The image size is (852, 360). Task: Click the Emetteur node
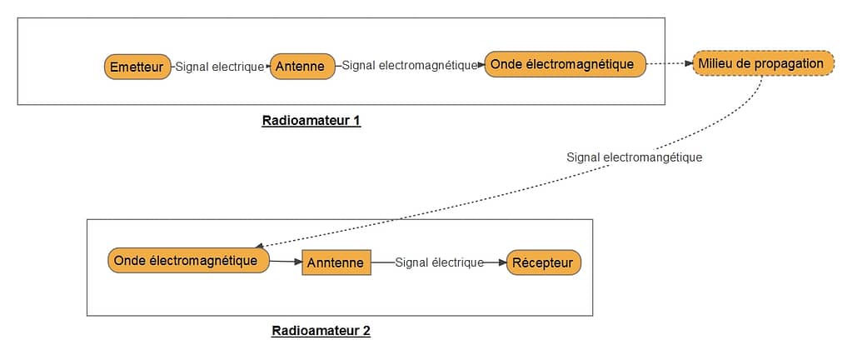tap(137, 67)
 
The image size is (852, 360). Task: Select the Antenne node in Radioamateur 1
tap(302, 67)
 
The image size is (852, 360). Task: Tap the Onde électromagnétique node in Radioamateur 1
tap(566, 64)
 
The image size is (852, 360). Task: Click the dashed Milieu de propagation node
tap(763, 63)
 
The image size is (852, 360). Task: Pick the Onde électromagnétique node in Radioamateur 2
tap(188, 261)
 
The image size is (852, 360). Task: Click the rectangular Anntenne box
tap(336, 262)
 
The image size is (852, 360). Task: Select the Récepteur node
tap(543, 262)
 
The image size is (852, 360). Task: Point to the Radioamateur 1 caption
tap(311, 120)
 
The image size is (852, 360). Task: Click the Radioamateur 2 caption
tap(321, 331)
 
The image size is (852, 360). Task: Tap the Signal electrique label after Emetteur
tap(220, 67)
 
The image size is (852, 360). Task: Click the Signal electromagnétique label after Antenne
tap(410, 65)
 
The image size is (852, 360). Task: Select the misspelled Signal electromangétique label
tap(635, 157)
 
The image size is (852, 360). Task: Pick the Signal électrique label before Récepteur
tap(439, 262)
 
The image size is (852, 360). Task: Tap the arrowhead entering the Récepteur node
tap(502, 262)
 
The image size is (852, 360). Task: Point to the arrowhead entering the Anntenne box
tap(298, 262)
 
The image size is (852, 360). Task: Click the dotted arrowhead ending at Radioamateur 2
tap(259, 247)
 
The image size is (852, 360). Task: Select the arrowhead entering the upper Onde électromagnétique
tap(481, 65)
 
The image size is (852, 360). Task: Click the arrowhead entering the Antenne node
tap(267, 67)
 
